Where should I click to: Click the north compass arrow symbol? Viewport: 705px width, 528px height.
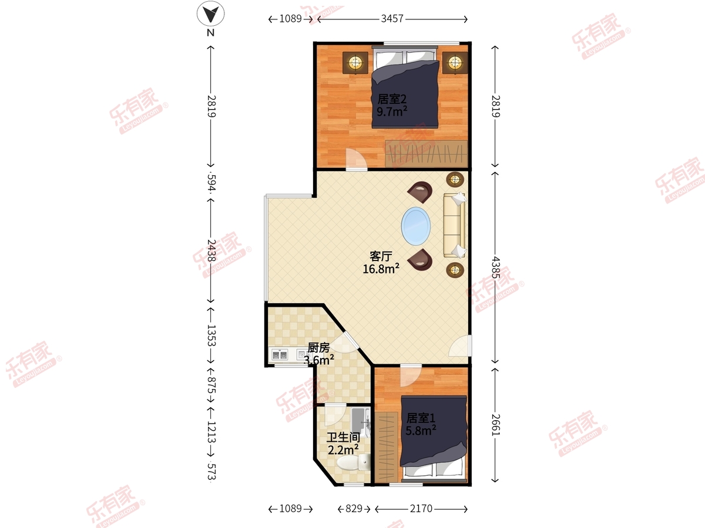tap(210, 13)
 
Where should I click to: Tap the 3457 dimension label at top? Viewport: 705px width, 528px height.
tap(392, 19)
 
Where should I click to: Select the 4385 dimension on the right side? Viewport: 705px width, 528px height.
tap(496, 268)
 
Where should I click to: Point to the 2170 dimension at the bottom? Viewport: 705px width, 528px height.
tap(421, 509)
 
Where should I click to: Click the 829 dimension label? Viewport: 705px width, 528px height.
tap(354, 509)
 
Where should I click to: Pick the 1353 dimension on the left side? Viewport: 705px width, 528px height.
tap(211, 336)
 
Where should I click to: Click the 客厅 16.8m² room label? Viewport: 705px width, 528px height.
tap(381, 263)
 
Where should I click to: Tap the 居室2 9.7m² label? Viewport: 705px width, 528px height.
tap(392, 105)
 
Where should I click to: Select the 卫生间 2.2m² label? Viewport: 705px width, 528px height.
tap(343, 444)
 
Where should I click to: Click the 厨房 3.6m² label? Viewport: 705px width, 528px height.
tap(318, 354)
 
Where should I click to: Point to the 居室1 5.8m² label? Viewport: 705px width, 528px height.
tap(421, 424)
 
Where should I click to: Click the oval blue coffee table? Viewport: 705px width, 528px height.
tap(416, 226)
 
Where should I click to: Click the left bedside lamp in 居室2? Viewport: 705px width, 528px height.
tap(355, 63)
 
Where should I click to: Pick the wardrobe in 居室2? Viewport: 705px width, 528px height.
tap(427, 154)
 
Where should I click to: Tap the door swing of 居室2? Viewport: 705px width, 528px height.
tap(356, 160)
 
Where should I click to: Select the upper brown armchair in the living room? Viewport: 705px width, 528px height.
tap(421, 192)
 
